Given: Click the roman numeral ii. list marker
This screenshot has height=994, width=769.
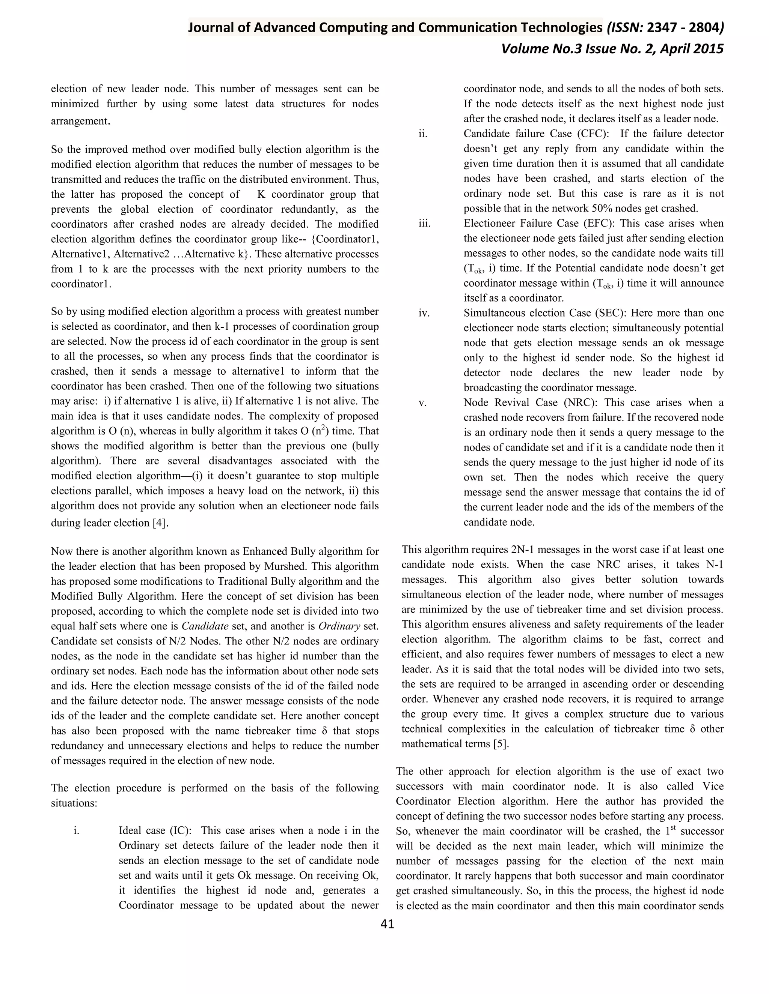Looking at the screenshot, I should (x=423, y=134).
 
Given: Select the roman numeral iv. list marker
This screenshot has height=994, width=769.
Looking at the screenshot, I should (x=424, y=313).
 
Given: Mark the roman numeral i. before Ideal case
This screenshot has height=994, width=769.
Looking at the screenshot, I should (x=77, y=830).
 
